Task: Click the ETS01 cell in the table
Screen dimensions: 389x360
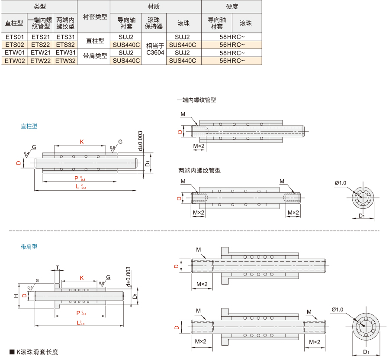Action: pos(15,37)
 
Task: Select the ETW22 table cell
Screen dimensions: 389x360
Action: pos(40,61)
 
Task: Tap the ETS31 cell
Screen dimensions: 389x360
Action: pos(65,37)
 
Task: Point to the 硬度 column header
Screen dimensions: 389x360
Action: pos(232,6)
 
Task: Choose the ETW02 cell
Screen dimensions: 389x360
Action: pos(15,61)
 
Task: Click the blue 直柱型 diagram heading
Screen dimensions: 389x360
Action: pos(29,126)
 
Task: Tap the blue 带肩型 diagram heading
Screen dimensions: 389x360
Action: pos(29,246)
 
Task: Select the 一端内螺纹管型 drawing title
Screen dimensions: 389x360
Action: pos(196,100)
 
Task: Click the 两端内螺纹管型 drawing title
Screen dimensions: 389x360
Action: pos(199,171)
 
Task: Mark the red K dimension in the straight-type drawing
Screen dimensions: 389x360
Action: pos(82,142)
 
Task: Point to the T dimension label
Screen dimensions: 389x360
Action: pos(57,268)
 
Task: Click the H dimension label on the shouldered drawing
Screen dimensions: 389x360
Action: pos(16,295)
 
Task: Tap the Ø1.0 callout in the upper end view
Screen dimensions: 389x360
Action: pos(341,183)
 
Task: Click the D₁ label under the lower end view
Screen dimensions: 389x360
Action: pos(366,352)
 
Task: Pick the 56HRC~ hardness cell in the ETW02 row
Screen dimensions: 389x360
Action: pos(232,61)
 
